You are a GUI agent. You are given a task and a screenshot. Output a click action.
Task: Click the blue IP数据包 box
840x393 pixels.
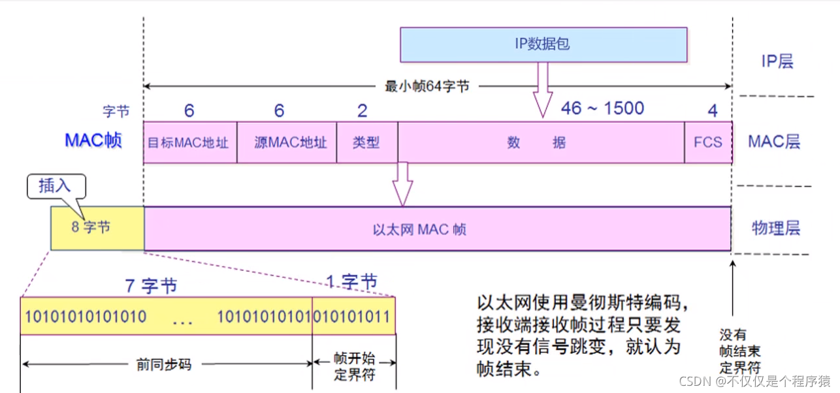click(543, 44)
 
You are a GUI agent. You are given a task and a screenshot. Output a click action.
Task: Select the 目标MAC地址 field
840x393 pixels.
click(189, 142)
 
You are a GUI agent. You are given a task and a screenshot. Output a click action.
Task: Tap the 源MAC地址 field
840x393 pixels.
click(286, 142)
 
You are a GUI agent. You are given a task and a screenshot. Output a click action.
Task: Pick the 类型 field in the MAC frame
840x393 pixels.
click(366, 142)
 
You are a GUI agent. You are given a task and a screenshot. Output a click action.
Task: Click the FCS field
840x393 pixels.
click(708, 142)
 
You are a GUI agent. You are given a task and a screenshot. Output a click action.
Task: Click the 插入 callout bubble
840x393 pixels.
click(56, 186)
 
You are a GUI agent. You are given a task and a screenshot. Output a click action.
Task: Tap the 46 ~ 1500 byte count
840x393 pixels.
click(602, 108)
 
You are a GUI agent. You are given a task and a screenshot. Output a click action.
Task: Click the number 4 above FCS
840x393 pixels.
click(713, 111)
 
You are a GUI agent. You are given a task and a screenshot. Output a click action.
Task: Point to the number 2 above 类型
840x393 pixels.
click(362, 111)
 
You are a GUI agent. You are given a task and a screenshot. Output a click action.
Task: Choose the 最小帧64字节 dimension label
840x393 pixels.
click(427, 86)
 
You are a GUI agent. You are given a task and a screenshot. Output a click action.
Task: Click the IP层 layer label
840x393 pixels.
click(777, 62)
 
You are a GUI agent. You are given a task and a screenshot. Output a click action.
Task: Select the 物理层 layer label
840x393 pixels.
click(776, 228)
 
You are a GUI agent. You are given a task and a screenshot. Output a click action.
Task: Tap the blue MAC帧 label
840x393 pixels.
click(93, 140)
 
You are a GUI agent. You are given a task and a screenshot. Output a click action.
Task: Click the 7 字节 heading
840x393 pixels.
click(151, 286)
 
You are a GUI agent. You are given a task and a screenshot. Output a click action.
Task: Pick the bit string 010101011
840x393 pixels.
click(353, 317)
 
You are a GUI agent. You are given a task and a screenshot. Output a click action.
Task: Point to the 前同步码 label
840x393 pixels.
click(164, 364)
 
